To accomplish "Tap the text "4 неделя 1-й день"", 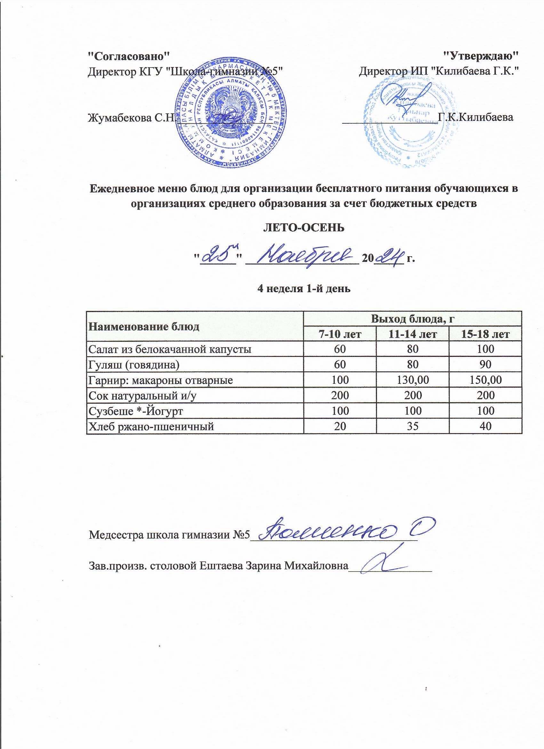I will (x=304, y=289).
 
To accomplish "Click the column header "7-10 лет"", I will (x=340, y=334).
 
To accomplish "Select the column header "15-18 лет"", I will (x=486, y=334).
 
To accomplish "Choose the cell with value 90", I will (x=486, y=364).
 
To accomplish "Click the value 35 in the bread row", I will (x=413, y=426).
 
